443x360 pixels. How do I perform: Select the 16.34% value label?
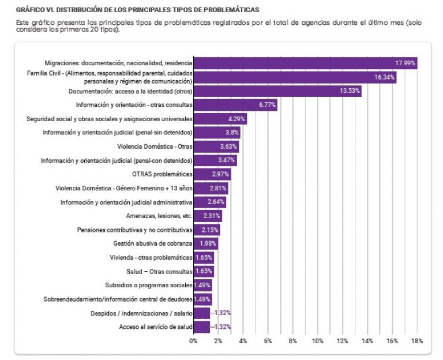pyautogui.click(x=384, y=77)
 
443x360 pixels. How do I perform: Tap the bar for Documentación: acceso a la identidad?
pyautogui.click(x=277, y=91)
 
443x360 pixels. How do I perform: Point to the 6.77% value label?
pyautogui.click(x=268, y=105)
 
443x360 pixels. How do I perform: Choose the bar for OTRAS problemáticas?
pyautogui.click(x=211, y=174)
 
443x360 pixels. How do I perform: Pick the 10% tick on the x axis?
pyautogui.click(x=318, y=341)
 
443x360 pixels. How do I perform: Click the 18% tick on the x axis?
pyautogui.click(x=417, y=341)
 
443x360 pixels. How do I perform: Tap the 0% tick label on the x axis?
pyautogui.click(x=193, y=341)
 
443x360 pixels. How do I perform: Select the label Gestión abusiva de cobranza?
pyautogui.click(x=153, y=243)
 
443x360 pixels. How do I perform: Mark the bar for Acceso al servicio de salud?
pyautogui.click(x=201, y=327)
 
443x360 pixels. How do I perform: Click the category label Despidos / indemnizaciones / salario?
pyautogui.click(x=141, y=313)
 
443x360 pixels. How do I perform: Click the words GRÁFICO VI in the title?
pyautogui.click(x=36, y=10)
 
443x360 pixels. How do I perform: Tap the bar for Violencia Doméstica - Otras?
pyautogui.click(x=216, y=147)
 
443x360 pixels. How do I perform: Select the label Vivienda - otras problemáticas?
pyautogui.click(x=151, y=257)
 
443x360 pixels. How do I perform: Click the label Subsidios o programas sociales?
pyautogui.click(x=148, y=285)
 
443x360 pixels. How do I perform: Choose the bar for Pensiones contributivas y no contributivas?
pyautogui.click(x=206, y=230)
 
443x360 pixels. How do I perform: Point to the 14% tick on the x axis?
pyautogui.click(x=367, y=341)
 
